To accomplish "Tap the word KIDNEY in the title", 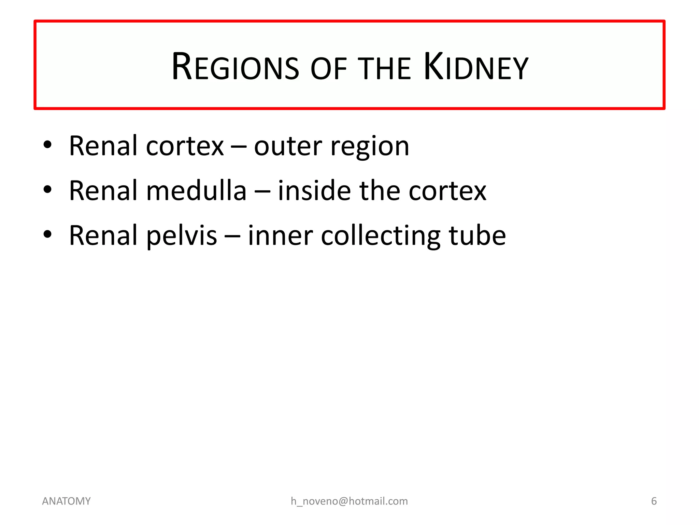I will point(476,67).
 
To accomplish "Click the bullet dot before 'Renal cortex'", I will point(47,145).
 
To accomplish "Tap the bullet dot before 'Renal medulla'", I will point(47,189).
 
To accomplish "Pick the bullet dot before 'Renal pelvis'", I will point(47,234).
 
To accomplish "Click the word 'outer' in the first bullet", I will point(288,146).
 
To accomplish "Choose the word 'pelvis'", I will point(182,236).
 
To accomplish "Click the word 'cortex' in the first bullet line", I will point(185,146).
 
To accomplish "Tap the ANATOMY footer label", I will point(66,501).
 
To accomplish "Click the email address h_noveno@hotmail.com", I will point(349,501).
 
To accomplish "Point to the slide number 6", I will point(654,501).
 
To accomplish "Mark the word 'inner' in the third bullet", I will point(280,235).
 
